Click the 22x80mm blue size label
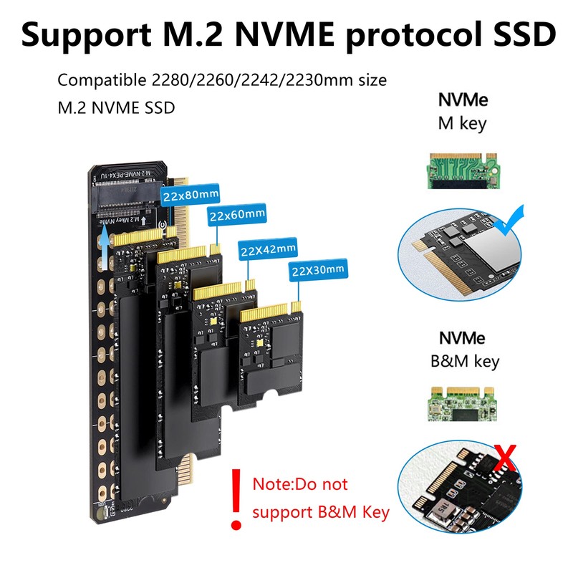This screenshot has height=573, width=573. click(x=190, y=194)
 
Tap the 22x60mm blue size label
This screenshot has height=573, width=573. click(x=237, y=213)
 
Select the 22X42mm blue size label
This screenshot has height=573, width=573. click(x=267, y=249)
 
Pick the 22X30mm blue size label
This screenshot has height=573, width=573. click(x=318, y=270)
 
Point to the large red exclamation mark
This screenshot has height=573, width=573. click(x=234, y=497)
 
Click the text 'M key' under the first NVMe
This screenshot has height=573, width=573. click(x=462, y=122)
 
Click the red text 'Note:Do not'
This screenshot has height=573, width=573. click(x=300, y=484)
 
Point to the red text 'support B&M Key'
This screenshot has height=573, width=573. click(x=321, y=512)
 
